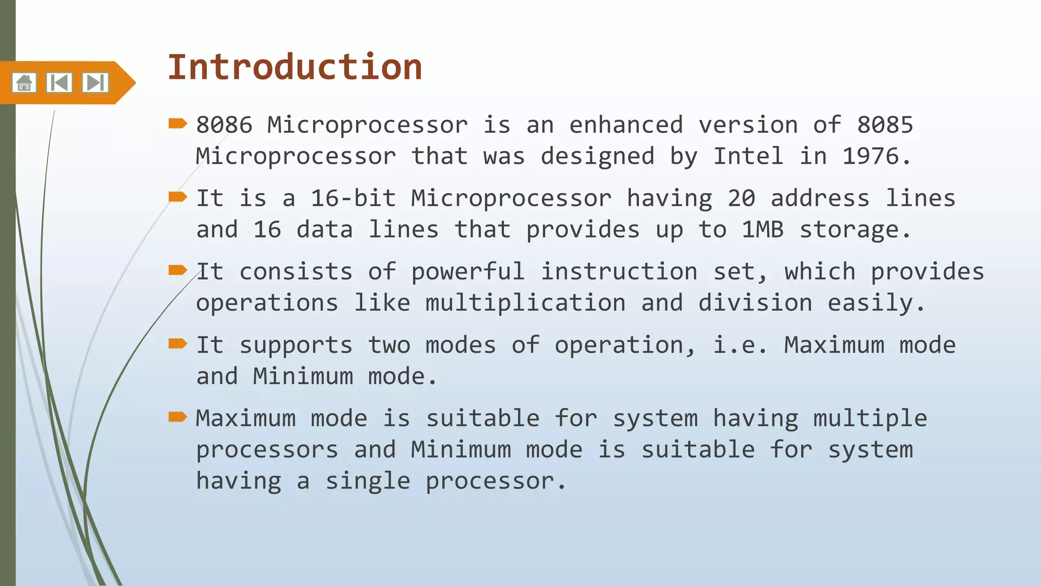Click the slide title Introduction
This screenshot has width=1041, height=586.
(x=295, y=67)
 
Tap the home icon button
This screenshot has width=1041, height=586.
(x=24, y=82)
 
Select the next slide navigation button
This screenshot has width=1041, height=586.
(x=95, y=82)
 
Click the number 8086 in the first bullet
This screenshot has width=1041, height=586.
(x=224, y=125)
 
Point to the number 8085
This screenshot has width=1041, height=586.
(x=885, y=125)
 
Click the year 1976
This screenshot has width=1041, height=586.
(x=870, y=156)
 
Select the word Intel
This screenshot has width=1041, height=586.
(x=748, y=156)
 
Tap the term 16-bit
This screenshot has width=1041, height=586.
(x=353, y=198)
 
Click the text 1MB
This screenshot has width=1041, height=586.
(x=762, y=230)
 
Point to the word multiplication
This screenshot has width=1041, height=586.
(x=525, y=303)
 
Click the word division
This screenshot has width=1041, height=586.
(x=755, y=303)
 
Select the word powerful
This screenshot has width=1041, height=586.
(x=468, y=272)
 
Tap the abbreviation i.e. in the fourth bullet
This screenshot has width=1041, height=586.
(x=740, y=345)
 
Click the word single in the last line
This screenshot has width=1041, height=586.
(x=368, y=481)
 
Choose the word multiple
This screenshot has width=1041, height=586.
(x=870, y=419)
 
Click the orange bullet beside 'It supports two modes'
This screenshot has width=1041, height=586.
(x=178, y=344)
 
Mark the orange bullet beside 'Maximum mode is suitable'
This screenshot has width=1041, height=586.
(x=178, y=417)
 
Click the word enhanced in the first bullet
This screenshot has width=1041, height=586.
(x=626, y=125)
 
